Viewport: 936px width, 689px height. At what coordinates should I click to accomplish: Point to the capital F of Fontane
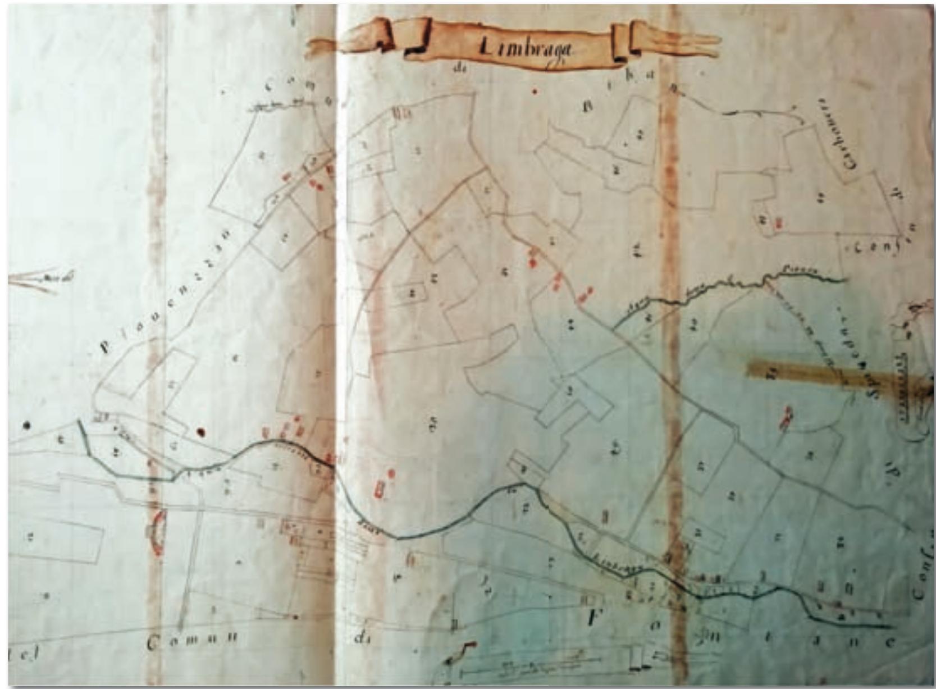point(591,619)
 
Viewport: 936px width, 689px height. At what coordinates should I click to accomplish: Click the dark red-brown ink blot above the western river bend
point(201,432)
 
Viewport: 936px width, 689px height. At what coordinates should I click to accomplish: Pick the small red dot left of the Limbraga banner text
point(535,91)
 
